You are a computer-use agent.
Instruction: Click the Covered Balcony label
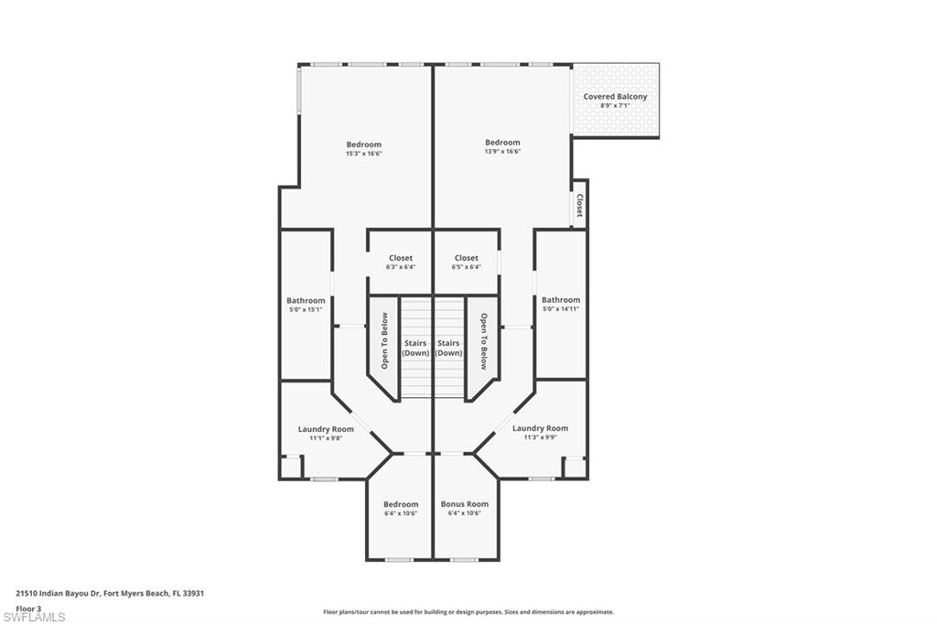point(615,96)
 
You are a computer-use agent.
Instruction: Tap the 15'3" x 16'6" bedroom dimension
point(363,154)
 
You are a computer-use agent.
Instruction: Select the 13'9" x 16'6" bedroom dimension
point(502,152)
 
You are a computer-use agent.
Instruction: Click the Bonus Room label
point(465,504)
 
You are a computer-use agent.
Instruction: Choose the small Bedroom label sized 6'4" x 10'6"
point(401,504)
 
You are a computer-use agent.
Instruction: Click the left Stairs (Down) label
point(416,348)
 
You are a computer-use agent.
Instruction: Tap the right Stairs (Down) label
point(448,348)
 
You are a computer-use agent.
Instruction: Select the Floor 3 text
point(28,608)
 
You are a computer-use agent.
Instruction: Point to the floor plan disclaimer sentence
point(468,612)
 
